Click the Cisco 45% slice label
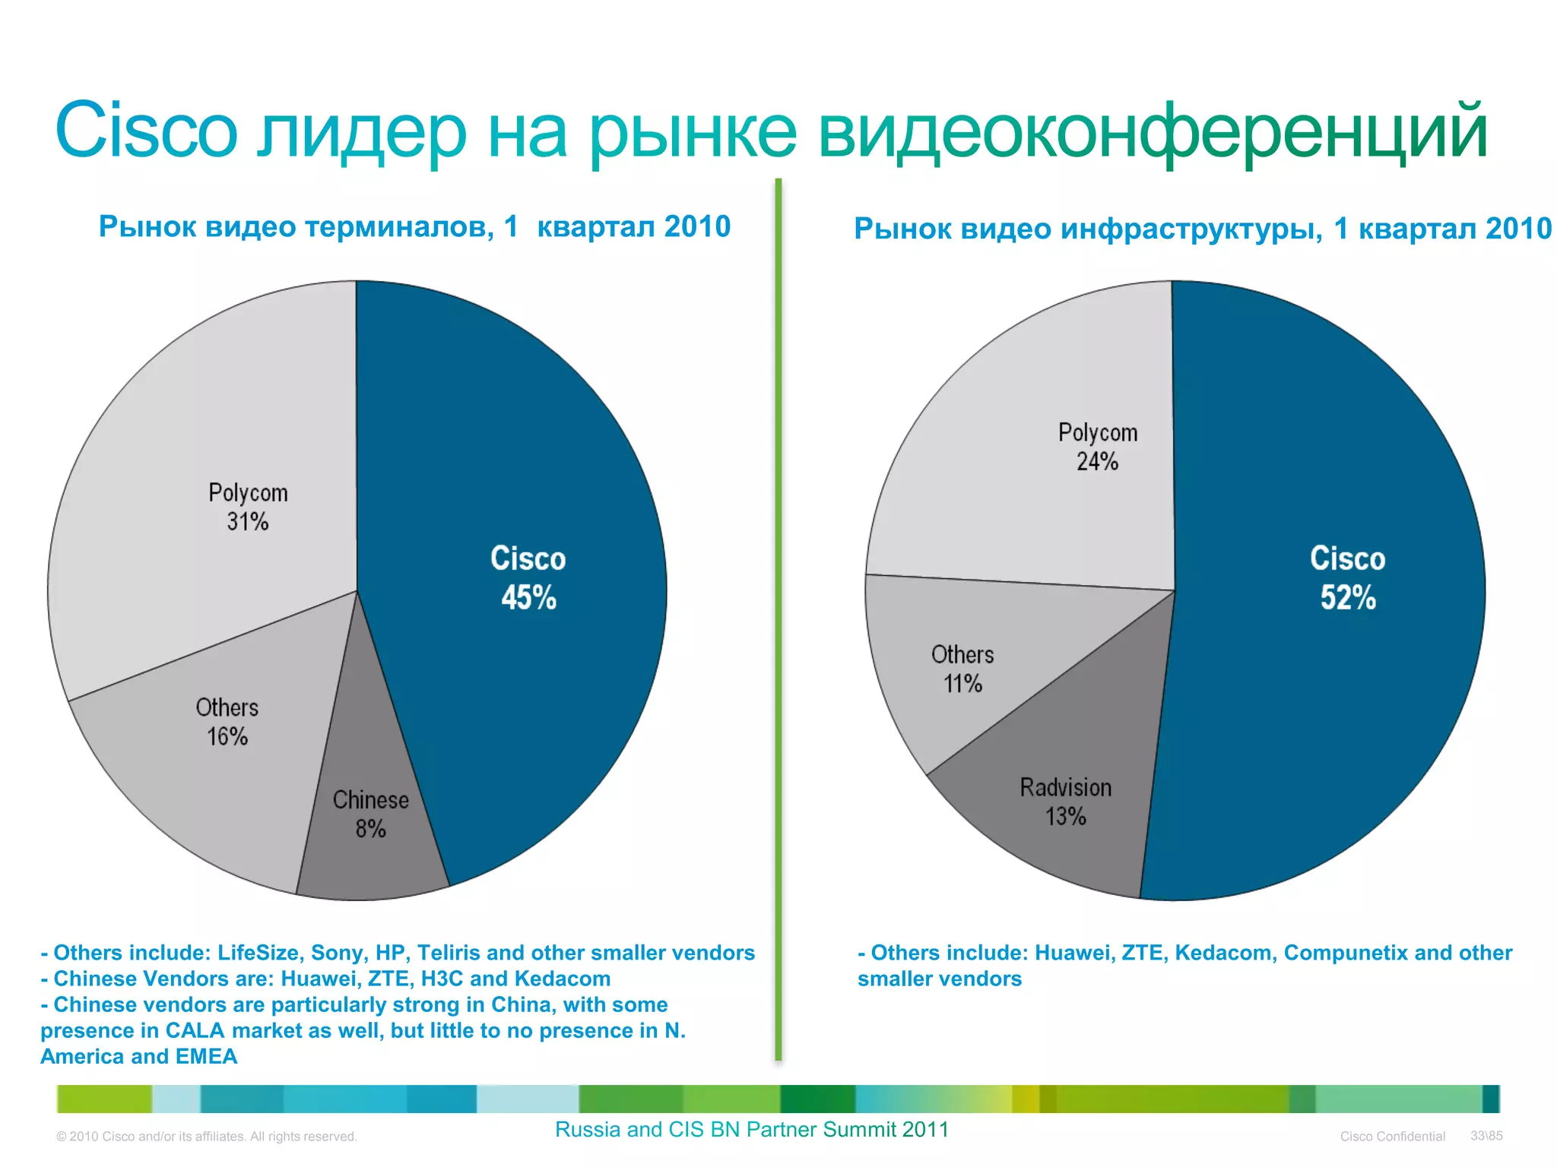pos(528,577)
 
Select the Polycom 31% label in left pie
pos(248,507)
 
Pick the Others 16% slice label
pos(227,722)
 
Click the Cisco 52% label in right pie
pos(1347,577)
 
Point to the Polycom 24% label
pos(1097,447)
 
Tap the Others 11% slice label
pos(962,669)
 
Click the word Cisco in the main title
pos(146,131)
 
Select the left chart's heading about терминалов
pos(414,226)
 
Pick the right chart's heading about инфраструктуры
pos(1202,228)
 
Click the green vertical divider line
pos(778,608)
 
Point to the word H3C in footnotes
pos(442,979)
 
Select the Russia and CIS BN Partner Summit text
pos(751,1130)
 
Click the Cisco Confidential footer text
pos(1392,1137)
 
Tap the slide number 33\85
pos(1486,1136)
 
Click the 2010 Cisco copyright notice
pos(207,1137)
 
